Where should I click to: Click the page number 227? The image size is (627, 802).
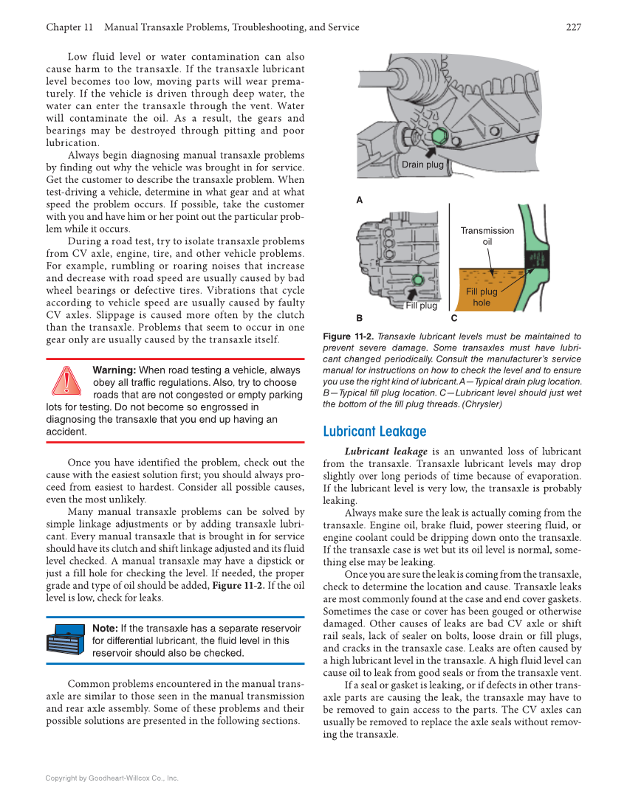point(573,27)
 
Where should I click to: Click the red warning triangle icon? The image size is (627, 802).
point(66,381)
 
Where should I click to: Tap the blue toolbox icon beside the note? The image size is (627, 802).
point(66,639)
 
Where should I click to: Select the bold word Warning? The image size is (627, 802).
point(114,370)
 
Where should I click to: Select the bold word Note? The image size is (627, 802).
point(105,628)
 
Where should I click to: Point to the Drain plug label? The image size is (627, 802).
point(422,165)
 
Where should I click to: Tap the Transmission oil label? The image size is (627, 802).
point(487,236)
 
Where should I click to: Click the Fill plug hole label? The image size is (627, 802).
point(482,297)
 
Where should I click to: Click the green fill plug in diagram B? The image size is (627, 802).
point(418,280)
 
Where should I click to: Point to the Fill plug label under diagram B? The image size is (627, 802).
point(421,305)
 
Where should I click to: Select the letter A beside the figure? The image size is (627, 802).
point(360,200)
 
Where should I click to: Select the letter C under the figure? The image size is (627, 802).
point(453,319)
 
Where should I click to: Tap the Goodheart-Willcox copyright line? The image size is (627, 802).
point(112,778)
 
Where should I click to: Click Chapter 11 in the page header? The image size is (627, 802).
point(69,27)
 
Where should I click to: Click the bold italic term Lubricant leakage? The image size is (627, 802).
point(386,452)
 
